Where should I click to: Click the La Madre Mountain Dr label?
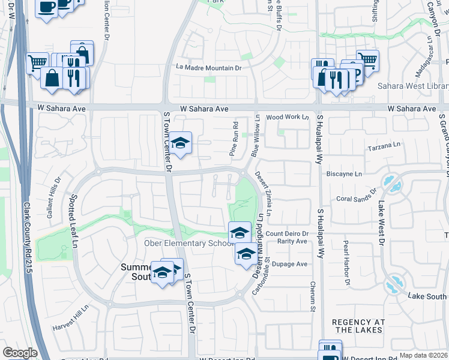tap(208, 68)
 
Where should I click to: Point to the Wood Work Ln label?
tap(288, 117)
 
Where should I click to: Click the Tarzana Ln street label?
tap(384, 146)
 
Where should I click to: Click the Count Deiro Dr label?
tap(287, 233)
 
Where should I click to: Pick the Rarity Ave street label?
tap(292, 241)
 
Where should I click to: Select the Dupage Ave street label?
tap(291, 263)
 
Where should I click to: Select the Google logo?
tap(20, 353)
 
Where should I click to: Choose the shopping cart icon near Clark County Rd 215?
tap(37, 61)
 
